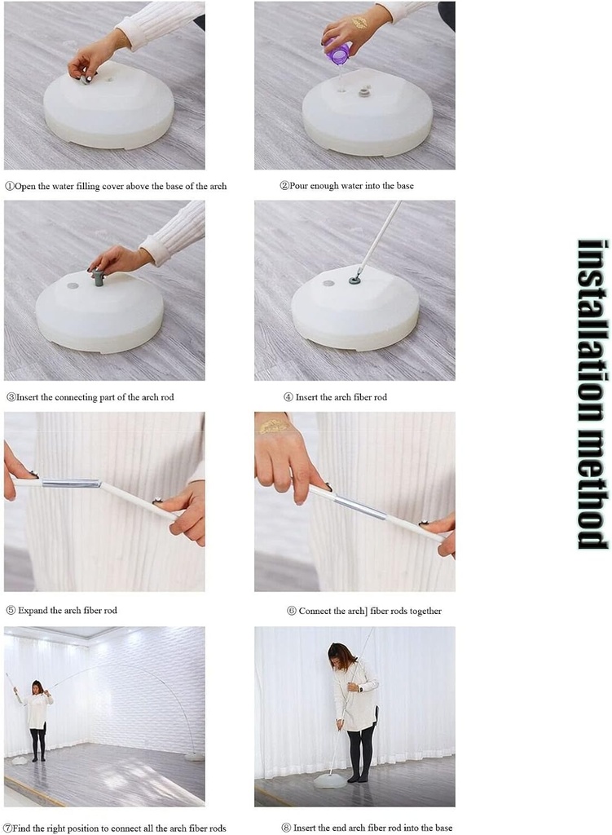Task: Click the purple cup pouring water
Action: pyautogui.click(x=337, y=51)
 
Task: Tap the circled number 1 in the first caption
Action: pyautogui.click(x=10, y=187)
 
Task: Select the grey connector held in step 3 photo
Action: pyautogui.click(x=98, y=277)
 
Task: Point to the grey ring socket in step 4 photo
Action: pyautogui.click(x=355, y=280)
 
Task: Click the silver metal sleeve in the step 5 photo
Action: pyautogui.click(x=71, y=484)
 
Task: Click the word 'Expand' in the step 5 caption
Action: pyautogui.click(x=33, y=610)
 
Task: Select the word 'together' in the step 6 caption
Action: pyautogui.click(x=425, y=612)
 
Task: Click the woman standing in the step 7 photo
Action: pyautogui.click(x=37, y=720)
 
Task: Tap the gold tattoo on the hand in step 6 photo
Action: pyautogui.click(x=273, y=426)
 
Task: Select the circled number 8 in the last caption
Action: pyautogui.click(x=286, y=828)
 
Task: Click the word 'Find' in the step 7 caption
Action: pyautogui.click(x=21, y=828)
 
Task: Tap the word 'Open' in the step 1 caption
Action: pyautogui.click(x=25, y=187)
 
